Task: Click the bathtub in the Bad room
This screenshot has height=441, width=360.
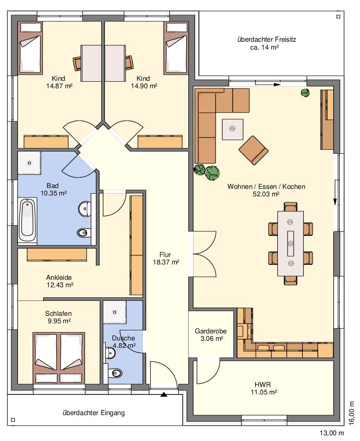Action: click(x=28, y=220)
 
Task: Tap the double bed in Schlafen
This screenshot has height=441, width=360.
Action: click(x=59, y=358)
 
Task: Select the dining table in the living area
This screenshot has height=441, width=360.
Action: click(x=291, y=243)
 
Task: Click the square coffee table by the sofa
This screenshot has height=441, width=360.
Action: click(x=232, y=130)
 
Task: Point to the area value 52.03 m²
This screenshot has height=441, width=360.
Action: click(x=266, y=194)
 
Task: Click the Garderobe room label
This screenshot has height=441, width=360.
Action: click(x=211, y=331)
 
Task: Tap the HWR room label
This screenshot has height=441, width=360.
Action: click(x=263, y=384)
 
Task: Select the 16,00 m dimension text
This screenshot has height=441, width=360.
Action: click(x=351, y=412)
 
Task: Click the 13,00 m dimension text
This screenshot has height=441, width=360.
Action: click(x=331, y=433)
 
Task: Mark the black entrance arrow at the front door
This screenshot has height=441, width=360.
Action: click(x=164, y=394)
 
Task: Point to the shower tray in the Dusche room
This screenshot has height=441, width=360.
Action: click(x=115, y=312)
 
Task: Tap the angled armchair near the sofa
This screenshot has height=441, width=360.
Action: click(x=253, y=150)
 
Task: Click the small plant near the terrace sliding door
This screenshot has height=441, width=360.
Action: click(x=305, y=93)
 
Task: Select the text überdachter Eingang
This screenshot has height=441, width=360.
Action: click(x=94, y=413)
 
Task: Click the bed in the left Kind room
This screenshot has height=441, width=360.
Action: click(x=30, y=48)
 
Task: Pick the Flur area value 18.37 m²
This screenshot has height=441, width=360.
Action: click(x=166, y=262)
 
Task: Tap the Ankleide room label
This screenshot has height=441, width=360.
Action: click(x=59, y=278)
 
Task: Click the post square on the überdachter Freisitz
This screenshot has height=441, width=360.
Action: click(x=338, y=17)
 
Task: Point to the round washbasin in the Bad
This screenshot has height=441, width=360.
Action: click(x=85, y=209)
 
